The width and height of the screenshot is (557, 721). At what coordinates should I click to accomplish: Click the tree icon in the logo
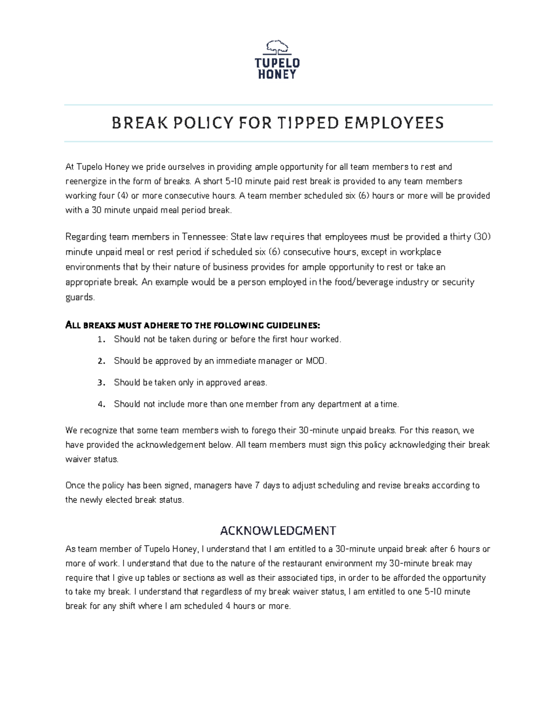[x=278, y=48]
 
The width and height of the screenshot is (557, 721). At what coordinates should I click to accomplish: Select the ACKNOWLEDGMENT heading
[x=278, y=530]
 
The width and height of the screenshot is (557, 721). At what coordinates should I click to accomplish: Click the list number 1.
[x=101, y=339]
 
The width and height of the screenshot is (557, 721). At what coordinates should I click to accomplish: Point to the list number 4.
[x=101, y=404]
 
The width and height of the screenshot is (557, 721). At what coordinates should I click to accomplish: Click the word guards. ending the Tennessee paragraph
[x=80, y=297]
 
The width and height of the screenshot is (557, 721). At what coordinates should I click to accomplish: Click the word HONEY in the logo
[x=278, y=74]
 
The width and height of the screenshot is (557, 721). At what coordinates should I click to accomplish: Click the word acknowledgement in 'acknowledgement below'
[x=171, y=445]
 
